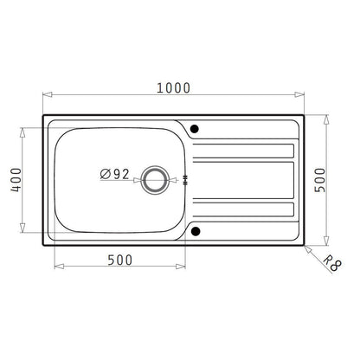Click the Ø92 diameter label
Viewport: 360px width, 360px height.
tap(114, 174)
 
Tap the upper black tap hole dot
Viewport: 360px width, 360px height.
tap(194, 129)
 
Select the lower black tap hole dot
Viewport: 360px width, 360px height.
tap(194, 230)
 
